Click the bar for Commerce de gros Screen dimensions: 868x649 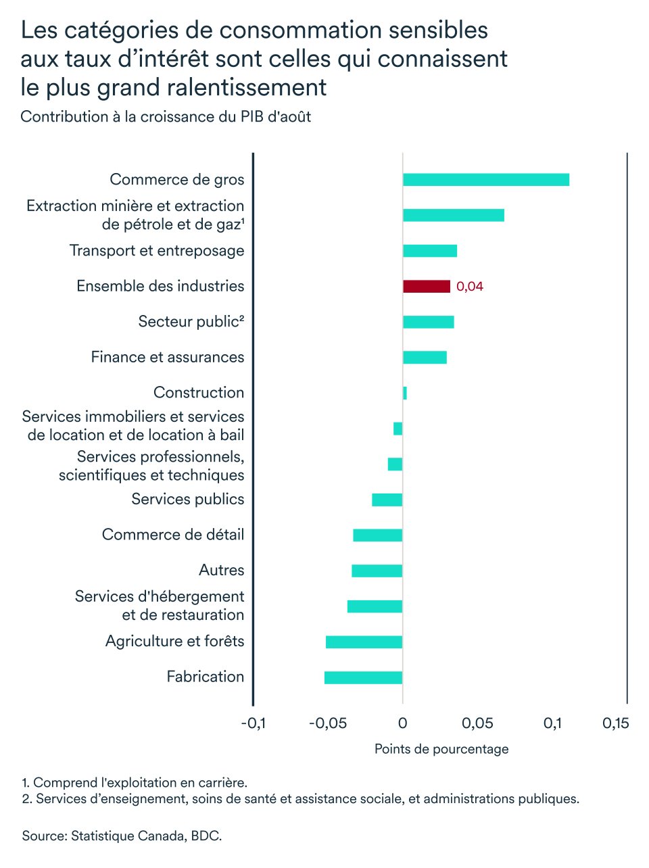coord(485,180)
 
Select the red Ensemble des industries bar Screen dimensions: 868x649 coord(427,287)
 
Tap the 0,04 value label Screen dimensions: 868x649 coord(470,287)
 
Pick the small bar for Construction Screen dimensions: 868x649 coord(405,393)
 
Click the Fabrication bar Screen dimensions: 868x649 coord(363,677)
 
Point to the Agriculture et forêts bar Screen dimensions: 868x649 coord(364,642)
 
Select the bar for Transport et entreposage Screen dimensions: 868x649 coord(430,251)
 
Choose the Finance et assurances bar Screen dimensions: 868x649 coord(425,358)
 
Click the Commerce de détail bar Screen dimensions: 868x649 coord(377,535)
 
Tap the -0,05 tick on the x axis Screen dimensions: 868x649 coord(328,724)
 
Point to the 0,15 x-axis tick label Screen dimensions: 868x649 coord(615,724)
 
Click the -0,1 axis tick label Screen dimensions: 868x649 coord(253,724)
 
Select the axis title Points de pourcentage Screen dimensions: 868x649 coord(441,749)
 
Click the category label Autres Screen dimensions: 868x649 coord(221,571)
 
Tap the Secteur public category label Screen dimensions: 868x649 coord(191,322)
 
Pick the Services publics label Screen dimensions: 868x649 coord(187,500)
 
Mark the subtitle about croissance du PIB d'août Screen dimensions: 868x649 coord(166,117)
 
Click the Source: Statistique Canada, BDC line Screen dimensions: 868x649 coord(122,836)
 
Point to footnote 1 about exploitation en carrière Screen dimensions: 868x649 coord(135,783)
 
